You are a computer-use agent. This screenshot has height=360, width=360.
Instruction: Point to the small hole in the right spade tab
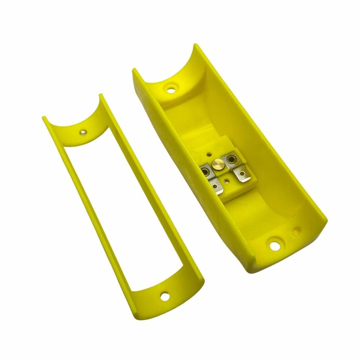coord(243,174)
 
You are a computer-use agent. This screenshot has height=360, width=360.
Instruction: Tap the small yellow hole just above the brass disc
coord(208,154)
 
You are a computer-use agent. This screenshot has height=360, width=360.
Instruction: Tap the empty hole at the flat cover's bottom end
coord(164,296)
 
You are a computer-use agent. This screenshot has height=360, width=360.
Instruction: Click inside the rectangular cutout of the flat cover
coord(124,210)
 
